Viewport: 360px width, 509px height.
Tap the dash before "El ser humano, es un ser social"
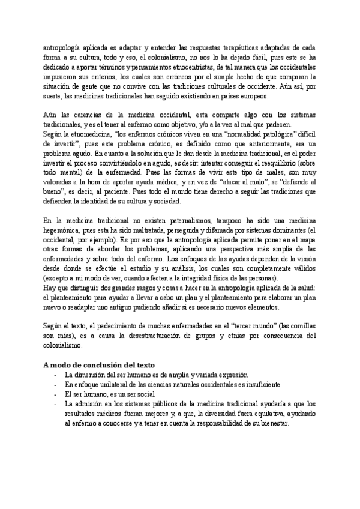point(56,394)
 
